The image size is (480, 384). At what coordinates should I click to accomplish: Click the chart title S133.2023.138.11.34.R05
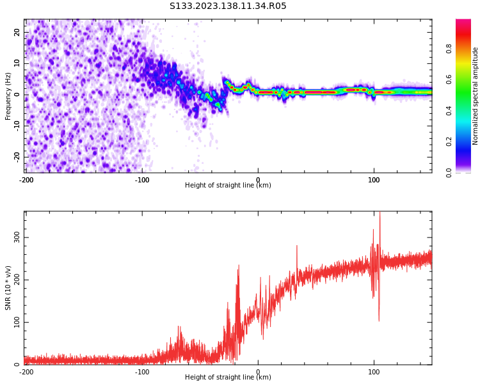228,6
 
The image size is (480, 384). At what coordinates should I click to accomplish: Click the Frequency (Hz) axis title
8,96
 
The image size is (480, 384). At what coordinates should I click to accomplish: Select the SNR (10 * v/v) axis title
8,287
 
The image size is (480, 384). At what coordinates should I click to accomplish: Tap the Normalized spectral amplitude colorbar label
476,96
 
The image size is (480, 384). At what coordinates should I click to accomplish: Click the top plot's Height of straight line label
228,186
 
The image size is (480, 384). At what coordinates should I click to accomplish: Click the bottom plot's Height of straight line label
228,378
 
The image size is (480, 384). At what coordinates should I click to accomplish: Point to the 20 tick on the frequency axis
17,32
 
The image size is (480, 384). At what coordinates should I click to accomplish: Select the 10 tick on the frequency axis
17,63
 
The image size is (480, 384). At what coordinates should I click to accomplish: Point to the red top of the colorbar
463,22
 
